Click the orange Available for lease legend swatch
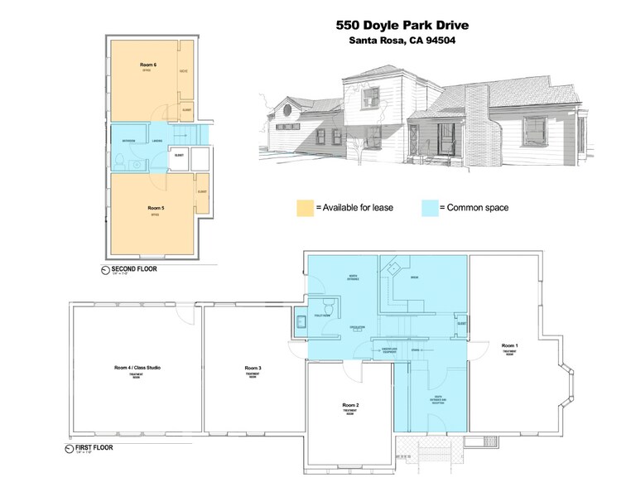[x=304, y=207]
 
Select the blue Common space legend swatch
[x=428, y=207]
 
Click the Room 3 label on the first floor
[x=253, y=367]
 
